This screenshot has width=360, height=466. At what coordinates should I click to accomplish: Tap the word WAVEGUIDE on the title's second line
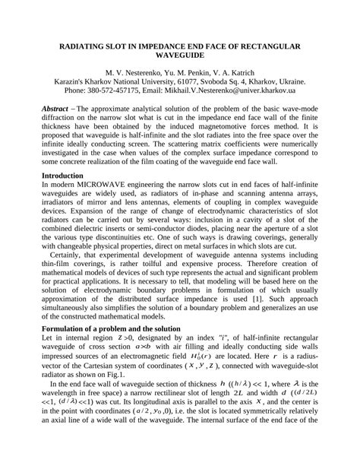click(x=180, y=57)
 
